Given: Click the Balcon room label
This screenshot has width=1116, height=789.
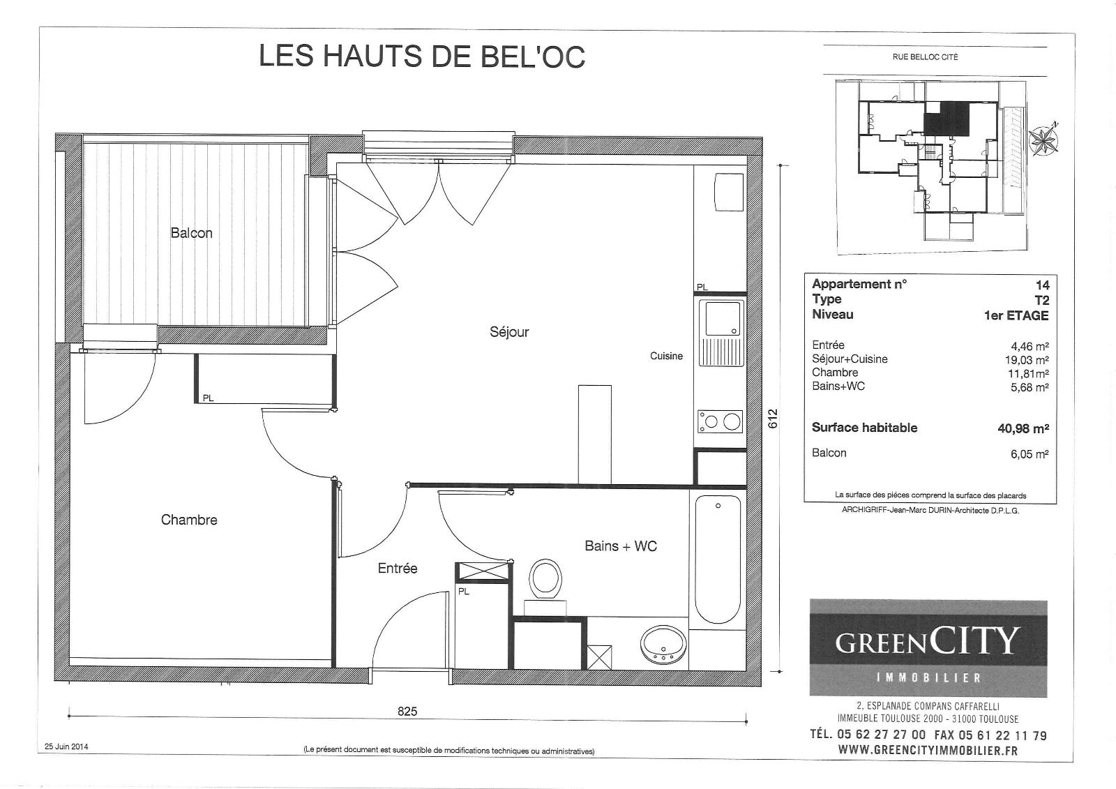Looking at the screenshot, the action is tap(191, 233).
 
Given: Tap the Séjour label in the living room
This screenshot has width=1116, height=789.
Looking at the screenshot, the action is tap(509, 332).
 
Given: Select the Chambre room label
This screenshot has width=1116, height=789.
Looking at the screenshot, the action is tap(189, 520).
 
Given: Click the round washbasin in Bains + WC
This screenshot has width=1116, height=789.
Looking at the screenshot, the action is tap(663, 645).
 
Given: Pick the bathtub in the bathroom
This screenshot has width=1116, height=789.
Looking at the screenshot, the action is tap(718, 559).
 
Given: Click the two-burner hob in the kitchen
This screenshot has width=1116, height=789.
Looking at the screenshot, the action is tap(720, 421).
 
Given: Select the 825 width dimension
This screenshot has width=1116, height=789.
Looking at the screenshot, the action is tap(407, 712).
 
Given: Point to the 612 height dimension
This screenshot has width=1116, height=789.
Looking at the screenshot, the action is tap(773, 419).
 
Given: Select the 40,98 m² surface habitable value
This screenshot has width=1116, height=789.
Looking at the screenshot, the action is tap(1023, 428).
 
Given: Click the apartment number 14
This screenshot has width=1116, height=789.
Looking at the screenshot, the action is tap(1042, 285).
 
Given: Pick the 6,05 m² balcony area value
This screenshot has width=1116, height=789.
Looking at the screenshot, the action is tap(1030, 454).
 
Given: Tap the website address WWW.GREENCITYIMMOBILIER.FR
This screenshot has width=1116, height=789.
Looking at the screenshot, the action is tap(928, 750).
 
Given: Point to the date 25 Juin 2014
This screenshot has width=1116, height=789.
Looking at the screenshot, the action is tap(66, 746).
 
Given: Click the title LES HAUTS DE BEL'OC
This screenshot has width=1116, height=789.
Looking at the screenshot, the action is tap(422, 56).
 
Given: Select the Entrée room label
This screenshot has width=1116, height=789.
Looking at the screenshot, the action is tap(398, 568).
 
